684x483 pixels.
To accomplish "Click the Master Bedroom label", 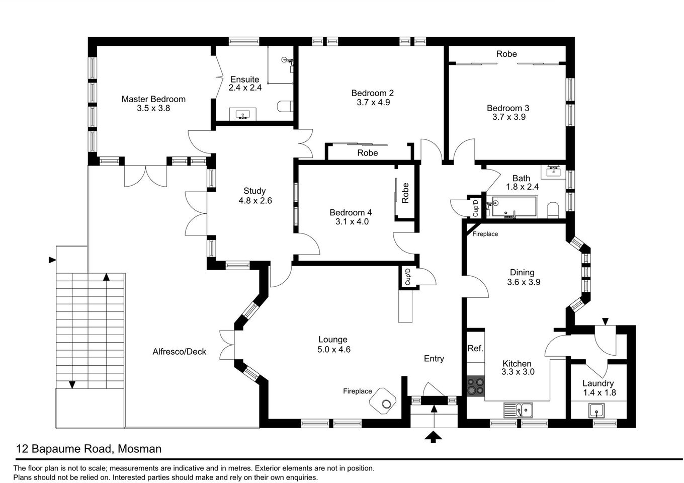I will tap(153, 99).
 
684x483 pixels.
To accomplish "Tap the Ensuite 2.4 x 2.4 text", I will tap(245, 83).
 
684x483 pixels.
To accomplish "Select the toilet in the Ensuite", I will tap(285, 107).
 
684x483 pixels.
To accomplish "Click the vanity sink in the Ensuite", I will tap(243, 115).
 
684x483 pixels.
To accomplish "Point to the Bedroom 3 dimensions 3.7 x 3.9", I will tap(508, 117).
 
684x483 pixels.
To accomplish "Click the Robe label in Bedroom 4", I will tap(405, 193).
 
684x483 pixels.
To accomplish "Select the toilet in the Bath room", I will tap(553, 210).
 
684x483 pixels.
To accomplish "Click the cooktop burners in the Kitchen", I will tap(475, 386).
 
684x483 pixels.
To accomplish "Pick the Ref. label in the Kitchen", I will tap(475, 348).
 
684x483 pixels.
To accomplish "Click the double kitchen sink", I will tap(519, 410).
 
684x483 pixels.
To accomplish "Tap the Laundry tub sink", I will tap(597, 411).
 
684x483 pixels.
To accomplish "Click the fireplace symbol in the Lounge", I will tap(384, 400).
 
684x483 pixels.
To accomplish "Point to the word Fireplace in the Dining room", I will tap(485, 234).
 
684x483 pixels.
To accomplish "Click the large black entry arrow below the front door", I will tap(433, 437).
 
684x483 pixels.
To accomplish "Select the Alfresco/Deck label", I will tap(180, 352).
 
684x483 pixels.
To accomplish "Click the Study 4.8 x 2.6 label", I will tap(255, 196).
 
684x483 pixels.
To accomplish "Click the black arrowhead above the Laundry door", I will tap(605, 321).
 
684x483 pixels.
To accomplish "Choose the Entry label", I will tap(434, 358).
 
